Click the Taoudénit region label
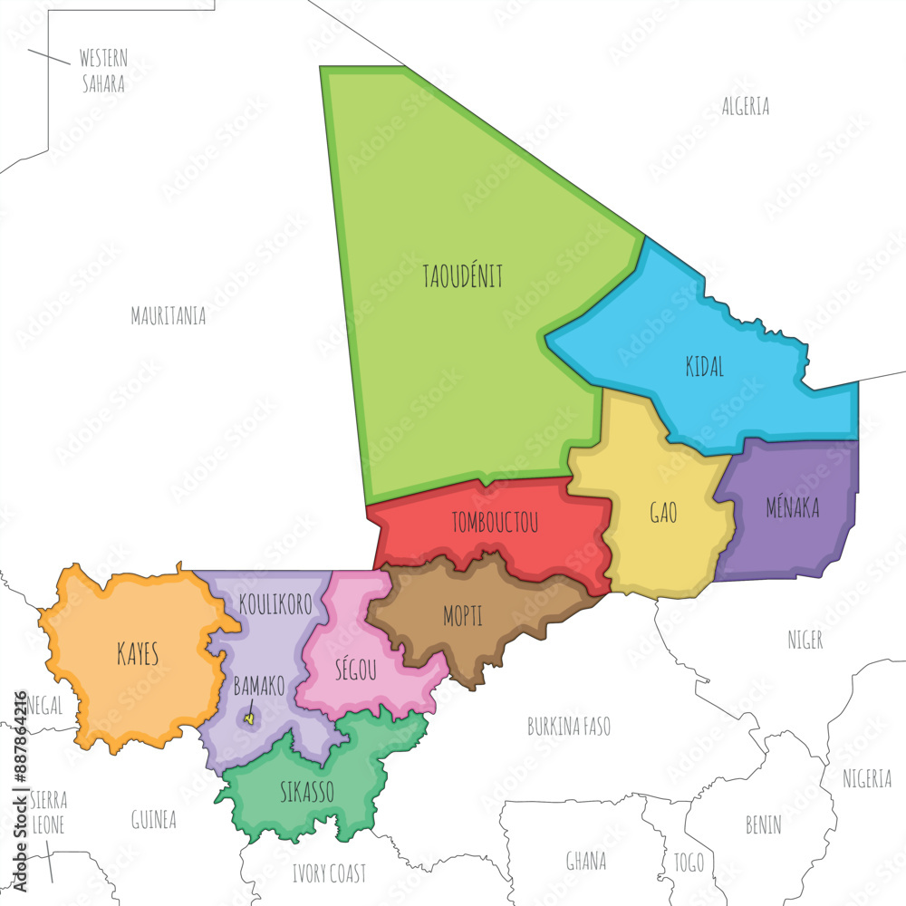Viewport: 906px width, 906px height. coord(462,276)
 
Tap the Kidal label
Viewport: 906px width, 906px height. coord(705,367)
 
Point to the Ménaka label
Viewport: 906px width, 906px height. coord(792,508)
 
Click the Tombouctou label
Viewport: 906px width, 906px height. coord(495,523)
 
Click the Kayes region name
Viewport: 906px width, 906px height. coord(138,655)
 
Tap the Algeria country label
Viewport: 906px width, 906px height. coord(746,106)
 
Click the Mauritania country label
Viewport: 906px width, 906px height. coord(168,316)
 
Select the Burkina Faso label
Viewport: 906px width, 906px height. coord(569,727)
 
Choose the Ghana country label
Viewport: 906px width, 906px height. coord(586,861)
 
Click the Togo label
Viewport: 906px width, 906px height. coord(689,862)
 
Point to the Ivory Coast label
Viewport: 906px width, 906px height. coord(329,873)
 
